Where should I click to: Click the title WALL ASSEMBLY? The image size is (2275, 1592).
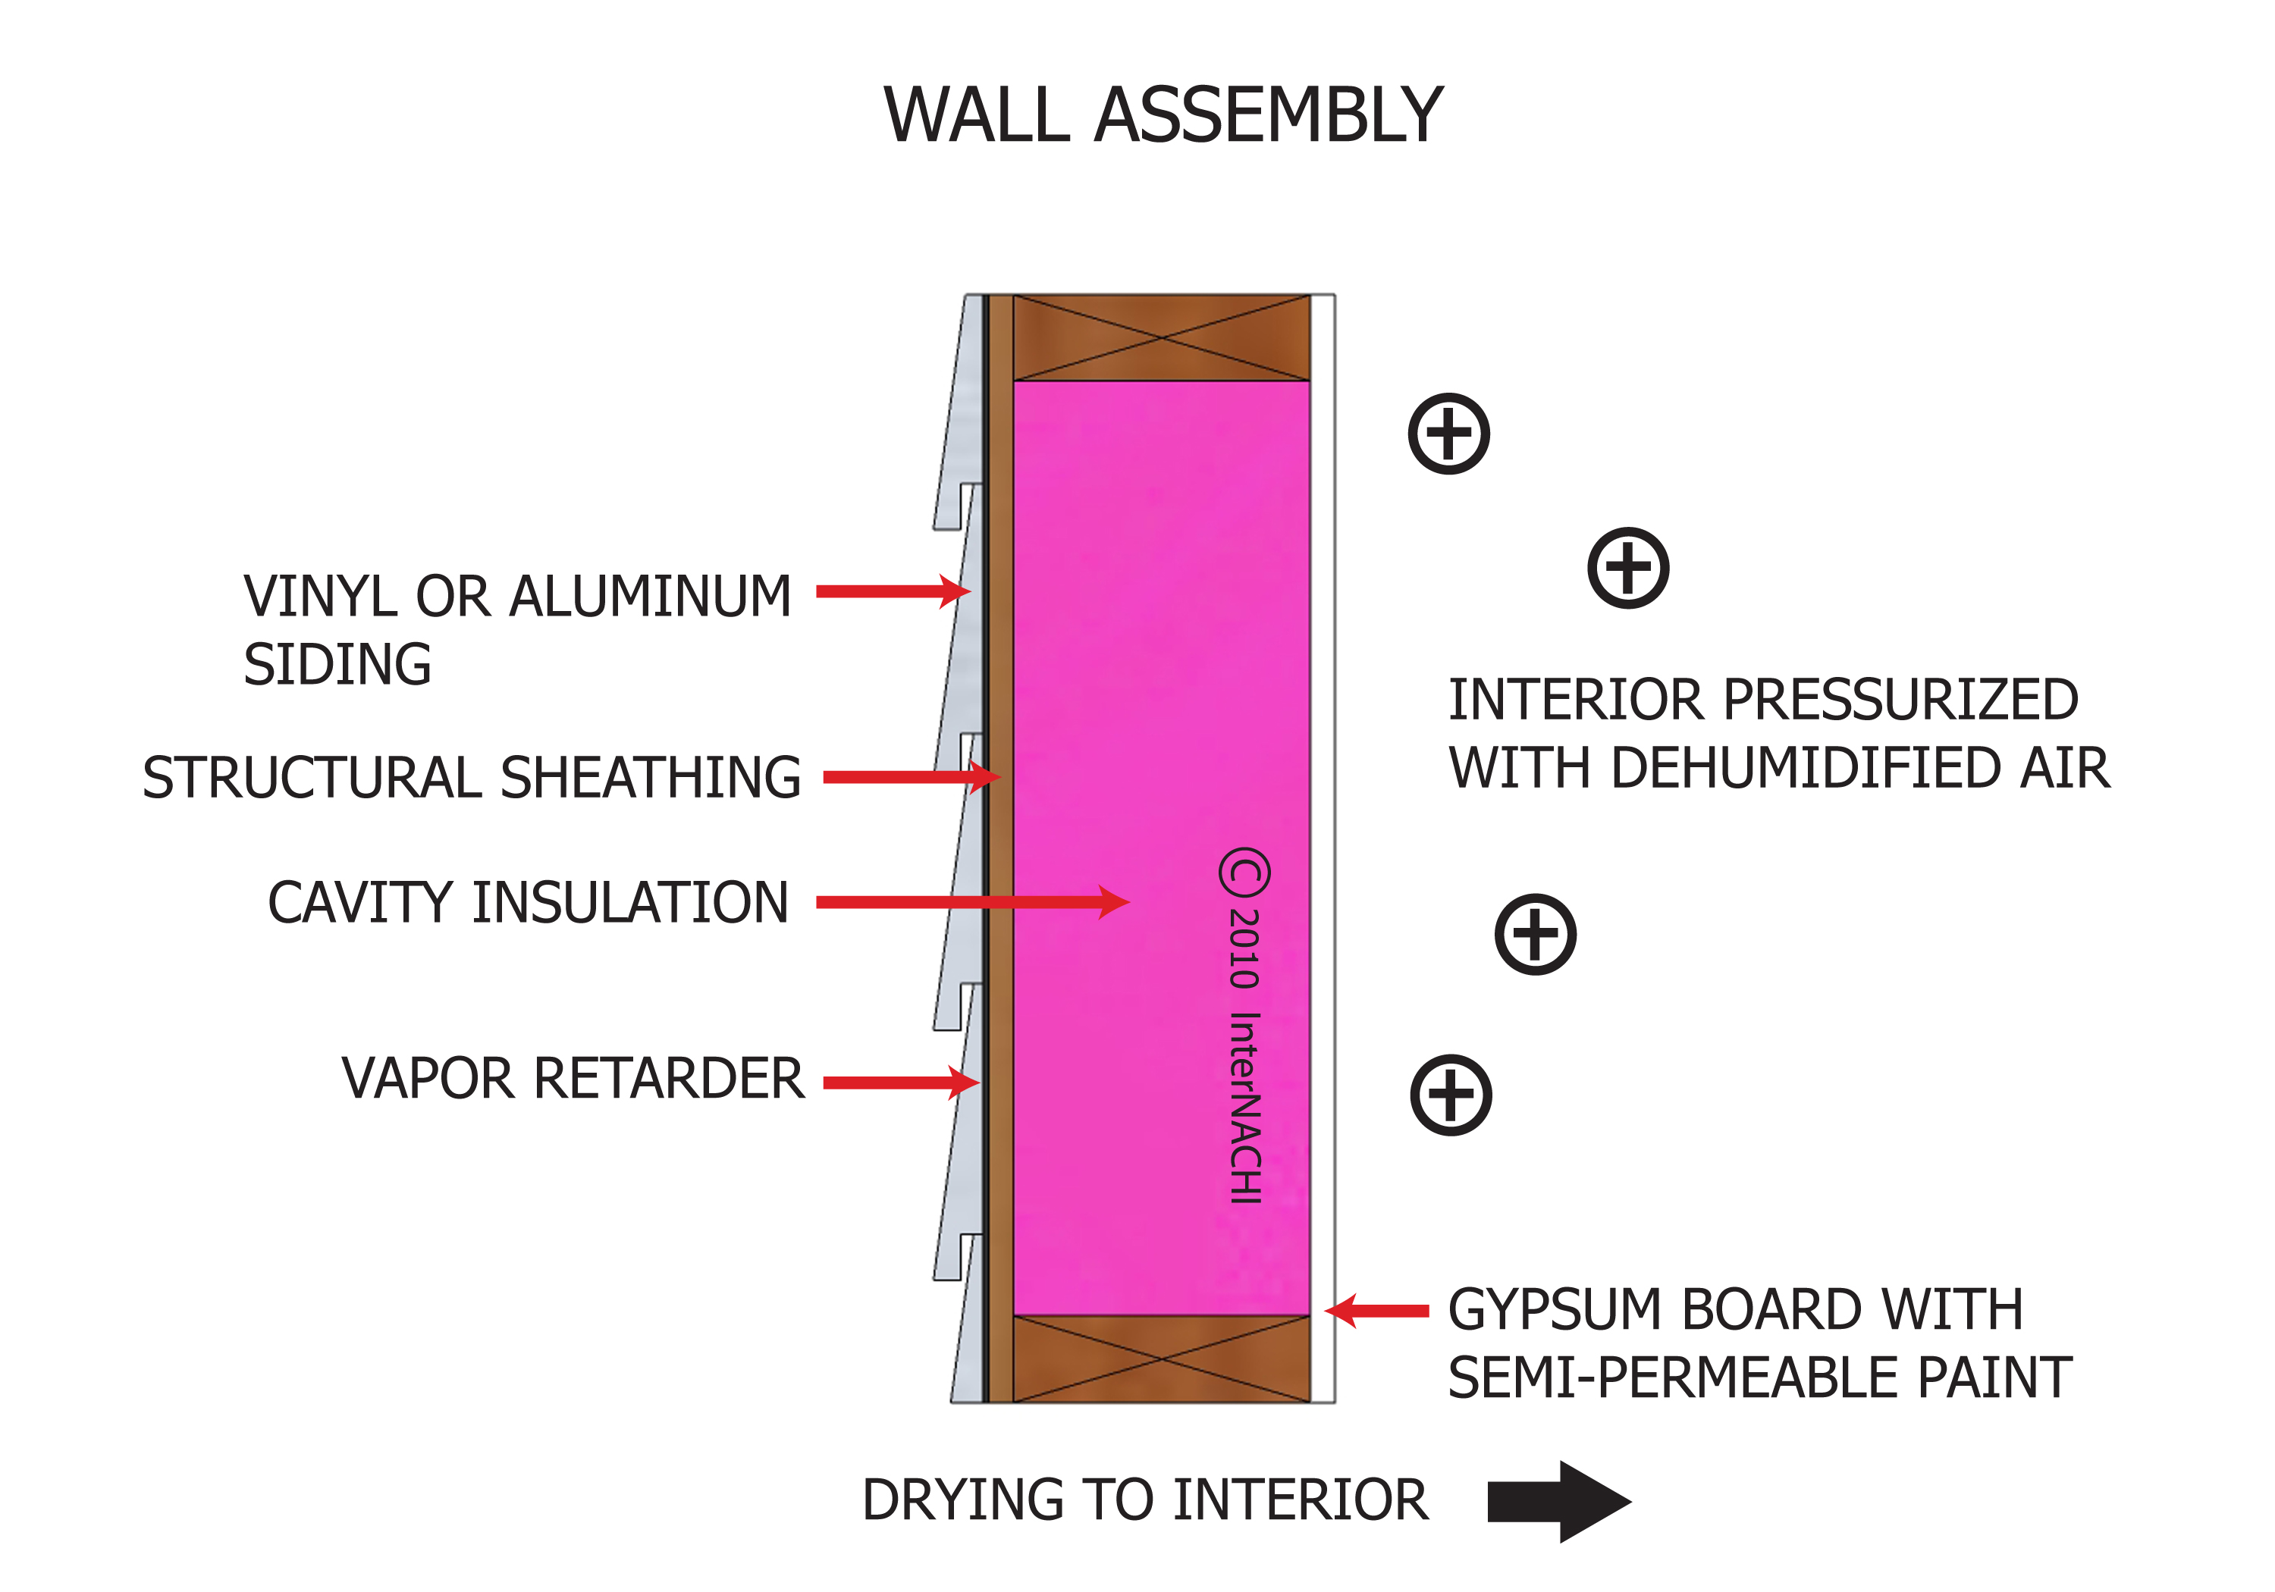pyautogui.click(x=1163, y=116)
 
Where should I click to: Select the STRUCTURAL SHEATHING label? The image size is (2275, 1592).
pyautogui.click(x=472, y=777)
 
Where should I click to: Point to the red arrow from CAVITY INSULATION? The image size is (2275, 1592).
pyautogui.click(x=971, y=901)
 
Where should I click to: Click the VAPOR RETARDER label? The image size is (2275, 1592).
pyautogui.click(x=573, y=1079)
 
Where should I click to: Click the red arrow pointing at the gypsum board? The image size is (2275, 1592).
pyautogui.click(x=1377, y=1311)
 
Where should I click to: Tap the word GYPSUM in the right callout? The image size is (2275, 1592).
pyautogui.click(x=1555, y=1310)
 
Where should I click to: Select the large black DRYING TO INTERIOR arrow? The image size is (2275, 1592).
pyautogui.click(x=1558, y=1501)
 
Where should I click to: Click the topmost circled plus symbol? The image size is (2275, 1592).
pyautogui.click(x=1448, y=434)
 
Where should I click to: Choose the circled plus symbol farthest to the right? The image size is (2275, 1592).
pyautogui.click(x=1628, y=568)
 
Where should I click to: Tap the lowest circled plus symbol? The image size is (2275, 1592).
pyautogui.click(x=1451, y=1095)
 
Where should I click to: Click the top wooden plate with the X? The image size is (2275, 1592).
pyautogui.click(x=1161, y=338)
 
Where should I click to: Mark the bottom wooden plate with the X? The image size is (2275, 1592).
pyautogui.click(x=1161, y=1359)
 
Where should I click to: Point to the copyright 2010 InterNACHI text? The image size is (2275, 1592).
pyautogui.click(x=1244, y=1026)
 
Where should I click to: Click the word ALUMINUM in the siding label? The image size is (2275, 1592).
pyautogui.click(x=650, y=597)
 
